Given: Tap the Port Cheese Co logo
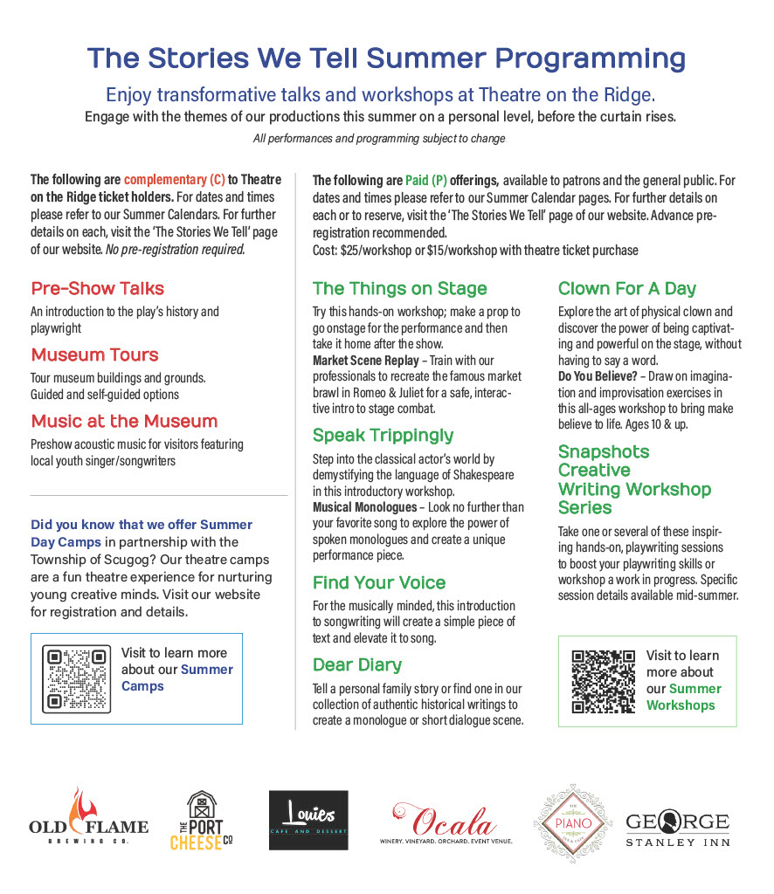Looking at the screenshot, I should pos(202,821).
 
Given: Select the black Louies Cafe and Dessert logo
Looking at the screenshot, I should pos(308,821).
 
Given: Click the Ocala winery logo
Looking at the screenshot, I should pos(445,822).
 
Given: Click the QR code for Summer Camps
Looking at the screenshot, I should pos(78,678).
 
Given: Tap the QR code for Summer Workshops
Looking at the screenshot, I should pos(603,681).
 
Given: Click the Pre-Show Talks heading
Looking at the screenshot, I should pos(97,289).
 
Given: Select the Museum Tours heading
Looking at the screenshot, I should pos(94,355).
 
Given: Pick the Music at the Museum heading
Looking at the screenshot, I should pos(124,422).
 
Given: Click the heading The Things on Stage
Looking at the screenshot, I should pos(399,289).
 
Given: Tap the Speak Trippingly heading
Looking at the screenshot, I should pos(383,436).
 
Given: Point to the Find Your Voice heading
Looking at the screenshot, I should pos(378,583).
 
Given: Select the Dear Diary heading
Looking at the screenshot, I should pos(356,665).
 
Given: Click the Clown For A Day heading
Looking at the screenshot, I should pos(626,289).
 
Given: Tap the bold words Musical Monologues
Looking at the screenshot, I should pos(364,507).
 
